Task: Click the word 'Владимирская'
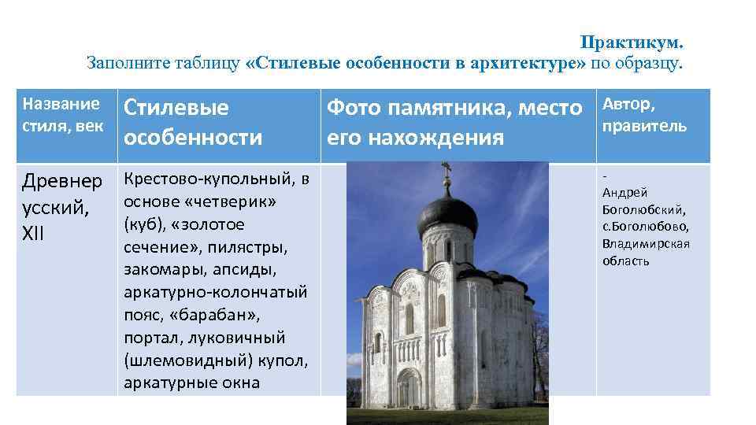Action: (x=645, y=243)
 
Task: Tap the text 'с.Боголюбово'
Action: (x=645, y=226)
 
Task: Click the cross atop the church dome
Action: (x=447, y=170)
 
